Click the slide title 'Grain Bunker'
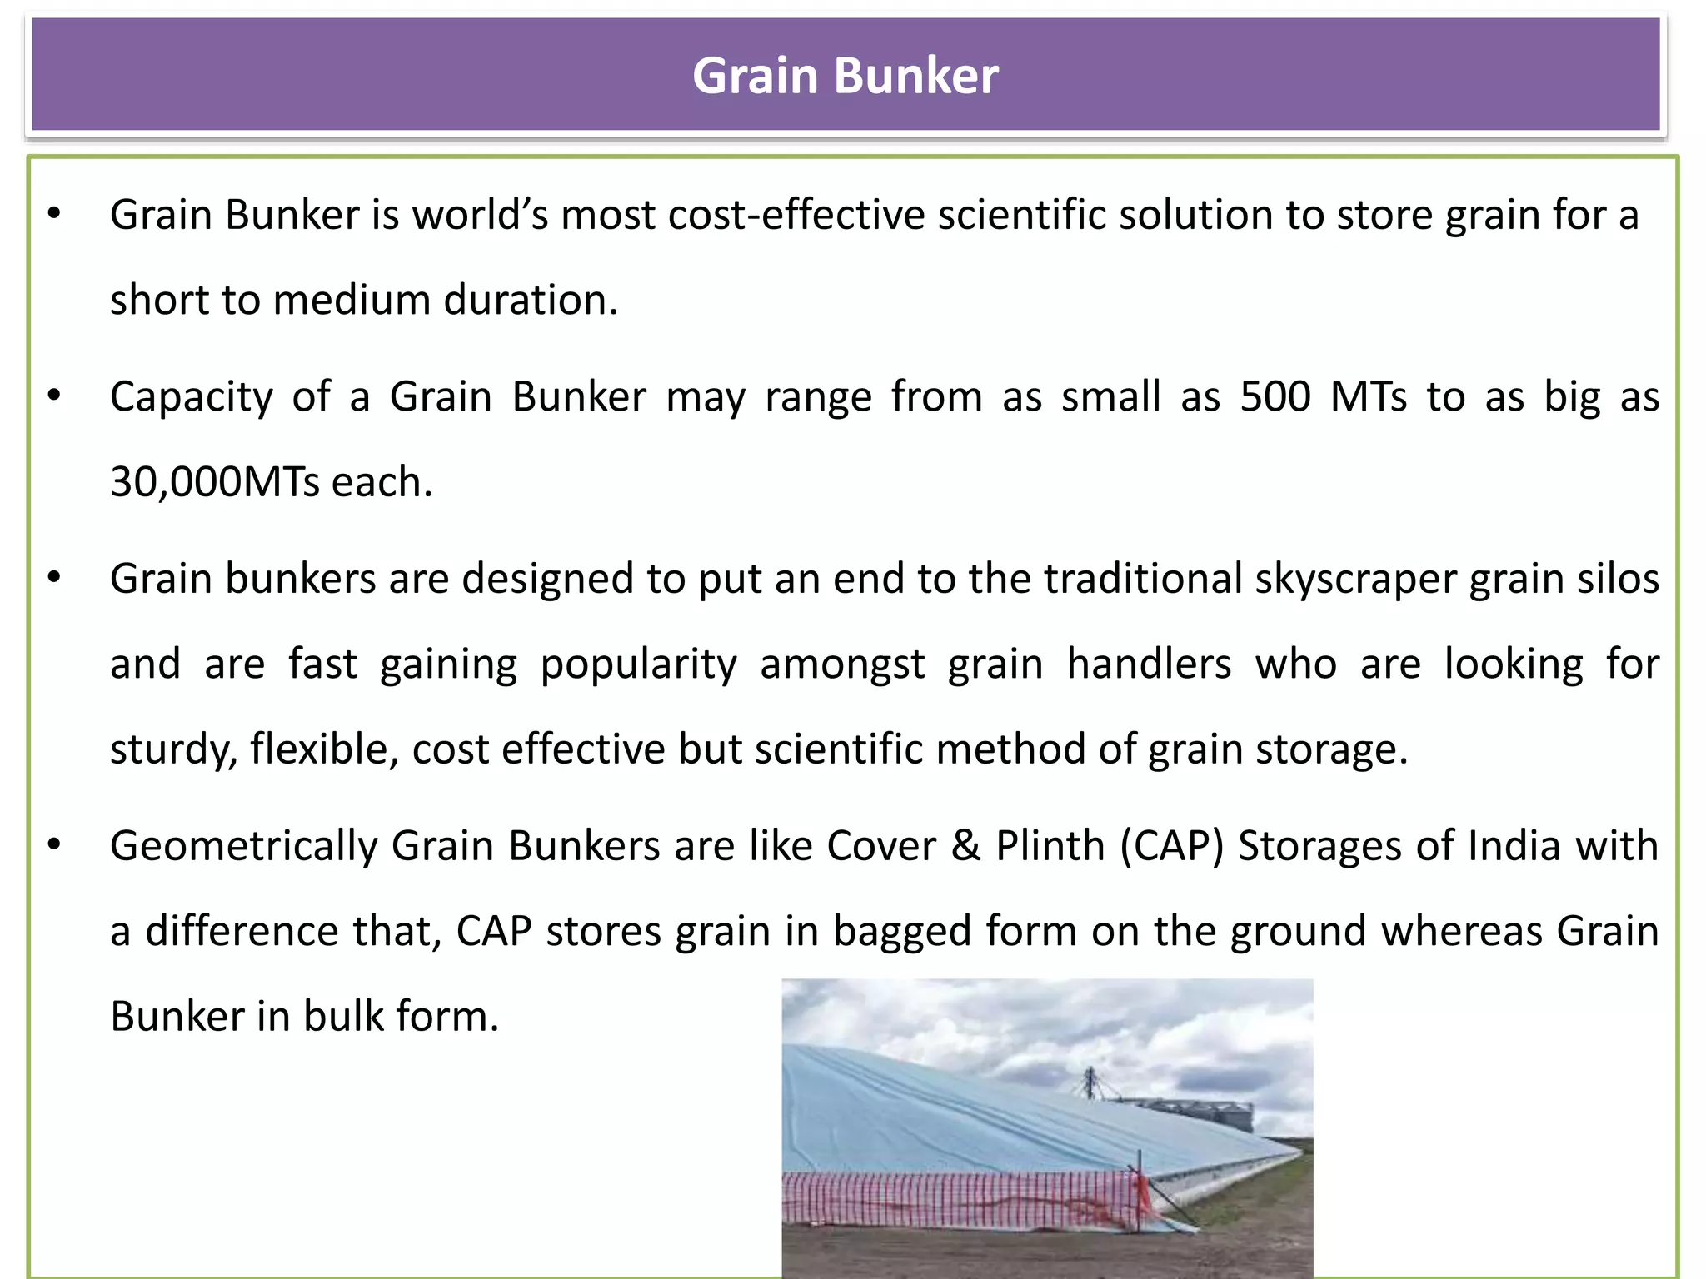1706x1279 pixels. [x=845, y=76]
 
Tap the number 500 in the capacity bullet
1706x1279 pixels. [x=1275, y=396]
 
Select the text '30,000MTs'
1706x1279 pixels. [x=214, y=482]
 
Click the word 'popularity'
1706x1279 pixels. [x=638, y=664]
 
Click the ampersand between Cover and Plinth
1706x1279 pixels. [x=965, y=846]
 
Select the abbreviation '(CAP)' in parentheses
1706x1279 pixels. [x=1171, y=846]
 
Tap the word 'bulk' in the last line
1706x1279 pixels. [x=342, y=1017]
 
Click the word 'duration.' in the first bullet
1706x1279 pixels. [x=531, y=300]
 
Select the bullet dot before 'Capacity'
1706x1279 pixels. [x=55, y=396]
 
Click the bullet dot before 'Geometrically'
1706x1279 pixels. [x=55, y=845]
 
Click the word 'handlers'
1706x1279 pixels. [x=1149, y=664]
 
